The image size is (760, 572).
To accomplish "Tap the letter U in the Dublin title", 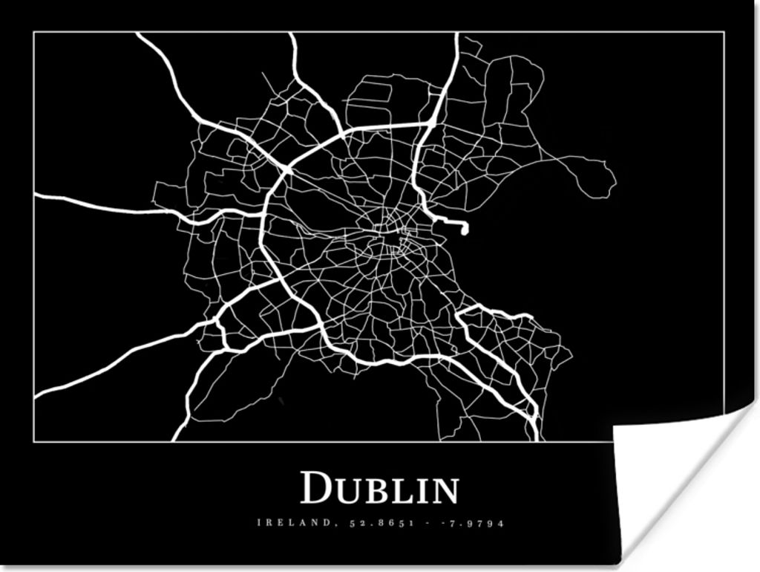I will [x=346, y=491].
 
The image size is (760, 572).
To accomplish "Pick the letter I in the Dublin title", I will [x=422, y=491].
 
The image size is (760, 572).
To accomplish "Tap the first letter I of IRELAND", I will [x=259, y=523].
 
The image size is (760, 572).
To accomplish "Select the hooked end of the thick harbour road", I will [x=465, y=230].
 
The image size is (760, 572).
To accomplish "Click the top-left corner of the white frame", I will [x=34, y=32].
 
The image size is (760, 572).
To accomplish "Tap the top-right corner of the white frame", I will [x=724, y=32].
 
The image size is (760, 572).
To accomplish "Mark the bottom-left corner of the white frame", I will [x=34, y=441].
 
